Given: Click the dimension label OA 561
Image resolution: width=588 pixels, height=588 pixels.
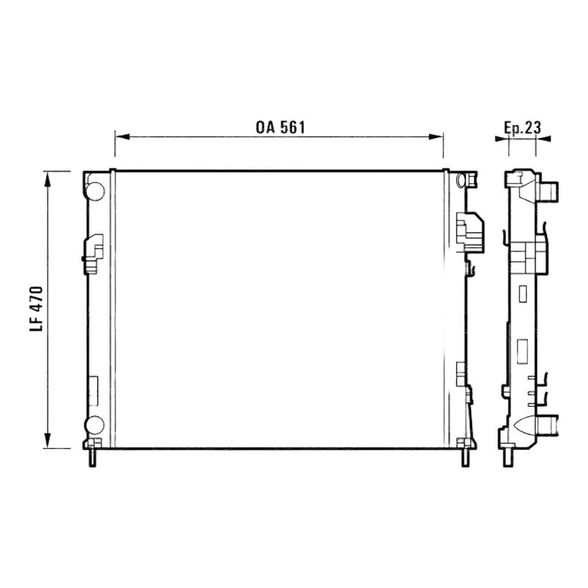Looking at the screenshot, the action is (280, 127).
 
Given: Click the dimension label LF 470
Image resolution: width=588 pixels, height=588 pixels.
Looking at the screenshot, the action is (36, 309).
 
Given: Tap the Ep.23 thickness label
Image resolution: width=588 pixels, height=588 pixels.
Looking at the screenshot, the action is (523, 128).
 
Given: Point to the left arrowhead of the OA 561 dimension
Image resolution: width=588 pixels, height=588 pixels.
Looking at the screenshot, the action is (122, 137).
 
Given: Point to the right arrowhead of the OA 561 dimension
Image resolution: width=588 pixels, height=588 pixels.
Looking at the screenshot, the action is (436, 137).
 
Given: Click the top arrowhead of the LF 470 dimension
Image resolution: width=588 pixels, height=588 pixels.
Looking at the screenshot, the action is (47, 179).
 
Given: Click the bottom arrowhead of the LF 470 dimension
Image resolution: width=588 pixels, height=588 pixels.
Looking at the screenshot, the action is (47, 440).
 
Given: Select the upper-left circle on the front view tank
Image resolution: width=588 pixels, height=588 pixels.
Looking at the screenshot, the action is (96, 191).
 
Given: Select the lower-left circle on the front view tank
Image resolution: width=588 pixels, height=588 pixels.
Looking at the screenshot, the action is (94, 425).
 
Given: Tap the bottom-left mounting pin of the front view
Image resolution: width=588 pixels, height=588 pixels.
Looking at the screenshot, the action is (93, 457).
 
